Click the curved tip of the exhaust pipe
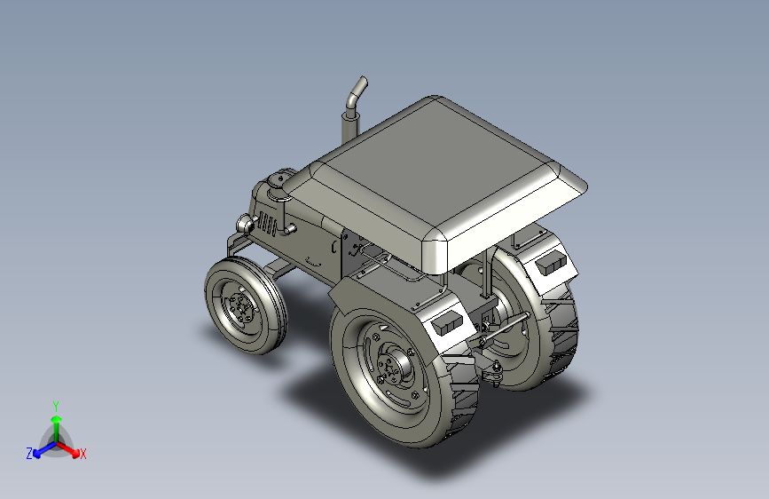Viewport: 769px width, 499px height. (x=363, y=82)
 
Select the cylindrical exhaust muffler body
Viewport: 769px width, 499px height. (x=350, y=126)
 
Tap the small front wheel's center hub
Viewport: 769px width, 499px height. (x=241, y=306)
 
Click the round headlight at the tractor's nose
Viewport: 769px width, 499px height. (x=245, y=224)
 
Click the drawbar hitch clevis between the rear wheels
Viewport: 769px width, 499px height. (x=492, y=371)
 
